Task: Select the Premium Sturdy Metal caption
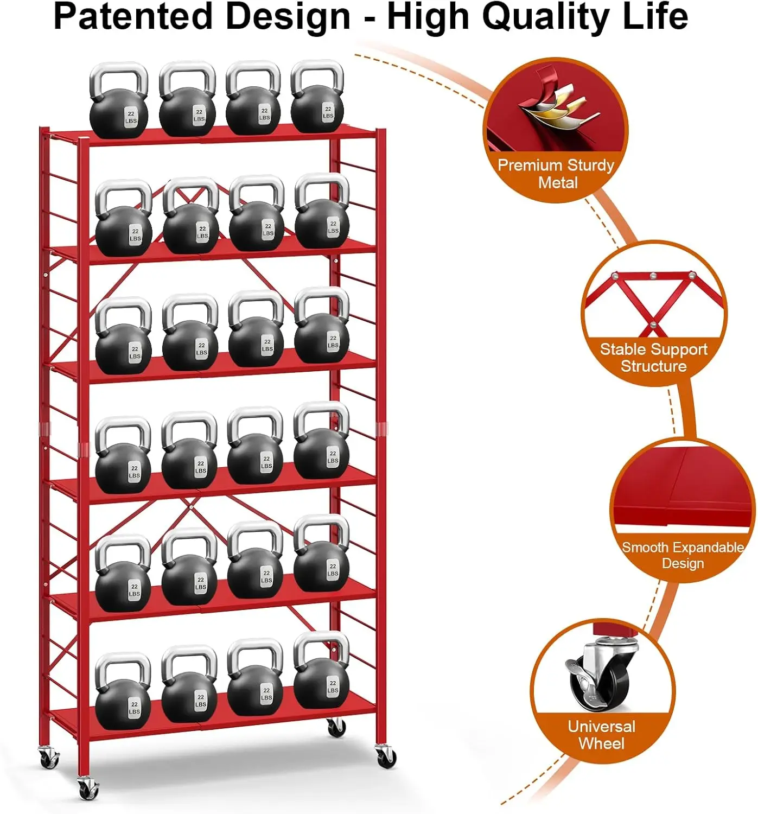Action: coord(556,174)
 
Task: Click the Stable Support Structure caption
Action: coord(653,358)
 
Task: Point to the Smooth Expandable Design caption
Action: coord(683,555)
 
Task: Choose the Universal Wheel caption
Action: coord(601,735)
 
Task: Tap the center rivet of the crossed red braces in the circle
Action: coord(653,325)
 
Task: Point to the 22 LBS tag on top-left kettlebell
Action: coord(131,117)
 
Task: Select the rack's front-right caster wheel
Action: coord(386,756)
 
